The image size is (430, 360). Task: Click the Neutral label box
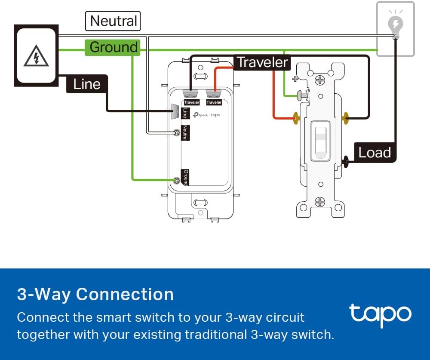click(113, 21)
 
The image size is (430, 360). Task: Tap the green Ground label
click(113, 47)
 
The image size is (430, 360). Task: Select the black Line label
click(86, 84)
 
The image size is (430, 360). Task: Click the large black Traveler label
click(262, 62)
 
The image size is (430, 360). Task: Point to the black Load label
click(375, 152)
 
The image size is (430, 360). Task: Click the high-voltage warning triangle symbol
click(36, 56)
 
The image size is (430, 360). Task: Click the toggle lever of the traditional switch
click(320, 140)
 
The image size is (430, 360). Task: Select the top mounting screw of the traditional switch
click(320, 80)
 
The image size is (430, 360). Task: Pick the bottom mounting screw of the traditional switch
click(320, 201)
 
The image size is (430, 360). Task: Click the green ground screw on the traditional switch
click(303, 95)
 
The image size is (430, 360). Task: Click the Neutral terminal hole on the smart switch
click(177, 133)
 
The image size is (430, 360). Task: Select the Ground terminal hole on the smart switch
click(176, 180)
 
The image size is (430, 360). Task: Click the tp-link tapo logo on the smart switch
click(207, 115)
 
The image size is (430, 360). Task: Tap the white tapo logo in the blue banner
click(380, 314)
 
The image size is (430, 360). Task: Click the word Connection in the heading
click(125, 294)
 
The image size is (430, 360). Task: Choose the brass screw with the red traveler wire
click(295, 117)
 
